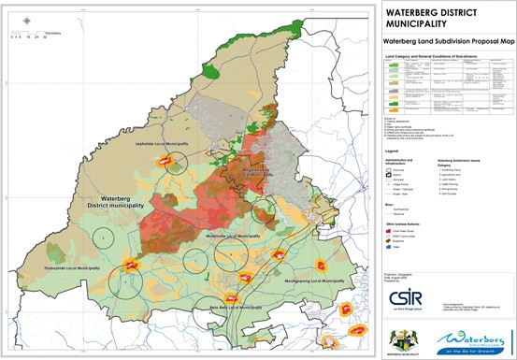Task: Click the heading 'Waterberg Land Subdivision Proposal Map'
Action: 443,42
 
